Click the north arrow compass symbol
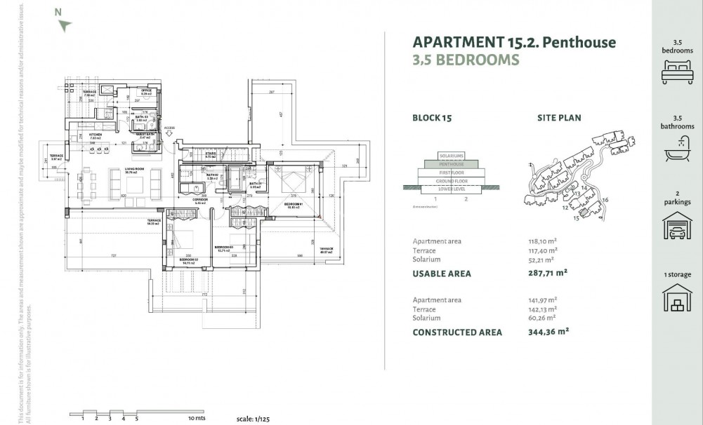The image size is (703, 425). tap(65, 25)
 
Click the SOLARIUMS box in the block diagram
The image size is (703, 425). tap(452, 156)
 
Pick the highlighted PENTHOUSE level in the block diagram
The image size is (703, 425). tap(452, 163)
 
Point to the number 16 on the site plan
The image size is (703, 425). tap(605, 201)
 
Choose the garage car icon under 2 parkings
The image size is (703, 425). tap(677, 228)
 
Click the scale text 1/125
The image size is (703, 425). tap(254, 418)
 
